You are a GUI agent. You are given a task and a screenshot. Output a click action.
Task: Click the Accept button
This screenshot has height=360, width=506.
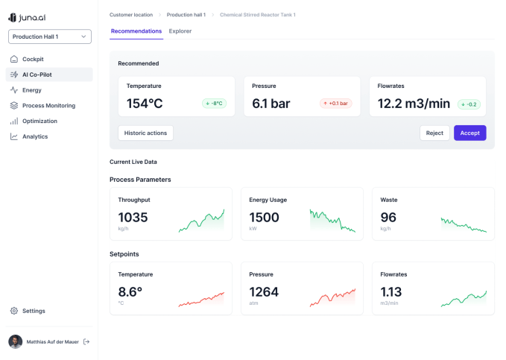tap(469, 133)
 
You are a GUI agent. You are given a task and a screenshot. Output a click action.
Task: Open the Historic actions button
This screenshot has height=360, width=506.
tap(145, 133)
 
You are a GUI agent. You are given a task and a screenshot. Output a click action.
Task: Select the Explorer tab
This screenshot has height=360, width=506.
tap(180, 31)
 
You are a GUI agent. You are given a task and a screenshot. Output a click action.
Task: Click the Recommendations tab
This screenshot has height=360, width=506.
tap(136, 31)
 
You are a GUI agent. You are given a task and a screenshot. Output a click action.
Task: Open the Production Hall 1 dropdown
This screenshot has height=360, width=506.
tap(50, 37)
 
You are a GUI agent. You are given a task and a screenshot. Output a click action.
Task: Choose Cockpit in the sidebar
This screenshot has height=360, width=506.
tap(33, 59)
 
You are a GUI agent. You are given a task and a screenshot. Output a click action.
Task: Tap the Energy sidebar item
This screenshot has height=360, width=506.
tap(32, 90)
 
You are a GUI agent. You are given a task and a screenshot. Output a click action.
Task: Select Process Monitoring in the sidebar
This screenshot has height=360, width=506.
tap(48, 106)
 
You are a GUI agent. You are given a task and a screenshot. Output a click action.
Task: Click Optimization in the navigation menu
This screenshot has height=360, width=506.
tap(39, 121)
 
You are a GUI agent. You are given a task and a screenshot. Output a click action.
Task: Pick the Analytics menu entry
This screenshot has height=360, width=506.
tap(35, 136)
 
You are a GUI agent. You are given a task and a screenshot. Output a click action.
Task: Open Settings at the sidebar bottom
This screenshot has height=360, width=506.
tap(34, 311)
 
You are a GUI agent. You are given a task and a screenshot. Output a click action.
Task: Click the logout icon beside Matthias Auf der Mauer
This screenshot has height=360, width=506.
tap(86, 341)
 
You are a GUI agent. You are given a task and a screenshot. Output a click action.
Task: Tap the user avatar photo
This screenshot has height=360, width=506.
tap(15, 341)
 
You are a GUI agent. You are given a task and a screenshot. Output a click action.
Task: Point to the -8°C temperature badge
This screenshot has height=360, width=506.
tap(214, 104)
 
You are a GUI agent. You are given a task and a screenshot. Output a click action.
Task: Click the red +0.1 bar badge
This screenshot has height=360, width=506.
tap(336, 104)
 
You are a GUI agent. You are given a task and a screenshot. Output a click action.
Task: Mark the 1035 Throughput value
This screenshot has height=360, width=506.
tap(133, 217)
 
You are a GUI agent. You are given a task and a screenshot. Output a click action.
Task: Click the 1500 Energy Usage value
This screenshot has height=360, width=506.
tap(264, 217)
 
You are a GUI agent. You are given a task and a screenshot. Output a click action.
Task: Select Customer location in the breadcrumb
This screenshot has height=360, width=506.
tap(131, 15)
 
